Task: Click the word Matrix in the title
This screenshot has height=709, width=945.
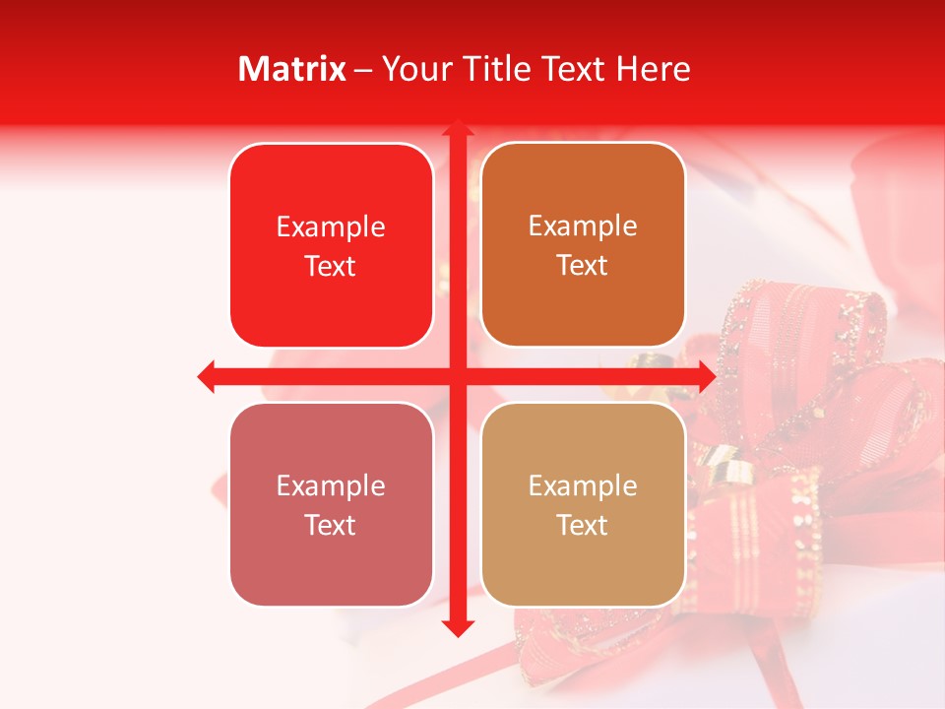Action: [x=292, y=69]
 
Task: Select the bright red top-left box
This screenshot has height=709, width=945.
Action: [x=331, y=246]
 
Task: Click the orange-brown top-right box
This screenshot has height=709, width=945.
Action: [x=583, y=245]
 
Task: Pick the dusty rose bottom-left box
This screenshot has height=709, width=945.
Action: [x=331, y=504]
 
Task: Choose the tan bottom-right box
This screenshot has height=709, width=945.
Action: [x=583, y=504]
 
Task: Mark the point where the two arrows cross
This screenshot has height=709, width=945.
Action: [x=457, y=376]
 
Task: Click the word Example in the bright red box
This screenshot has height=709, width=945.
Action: [x=331, y=226]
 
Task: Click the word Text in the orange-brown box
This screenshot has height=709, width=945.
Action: [x=583, y=266]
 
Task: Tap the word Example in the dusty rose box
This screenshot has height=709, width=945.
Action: [x=331, y=485]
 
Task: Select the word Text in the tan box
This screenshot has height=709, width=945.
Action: [x=583, y=525]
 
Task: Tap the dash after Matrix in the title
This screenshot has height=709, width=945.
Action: [x=363, y=69]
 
